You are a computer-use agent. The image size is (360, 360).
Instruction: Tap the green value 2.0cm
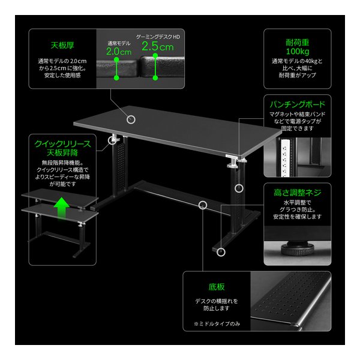[x=119, y=52]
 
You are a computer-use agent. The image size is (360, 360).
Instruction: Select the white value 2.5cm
[x=158, y=46]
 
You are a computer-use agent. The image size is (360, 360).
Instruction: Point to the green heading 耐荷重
[x=297, y=43]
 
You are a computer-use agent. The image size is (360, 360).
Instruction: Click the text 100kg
[x=297, y=52]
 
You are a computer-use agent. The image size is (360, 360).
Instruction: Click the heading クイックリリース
[x=63, y=144]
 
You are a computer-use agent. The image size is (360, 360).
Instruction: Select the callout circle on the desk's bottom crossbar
[x=202, y=205]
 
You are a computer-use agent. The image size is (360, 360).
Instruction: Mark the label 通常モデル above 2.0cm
[x=119, y=43]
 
